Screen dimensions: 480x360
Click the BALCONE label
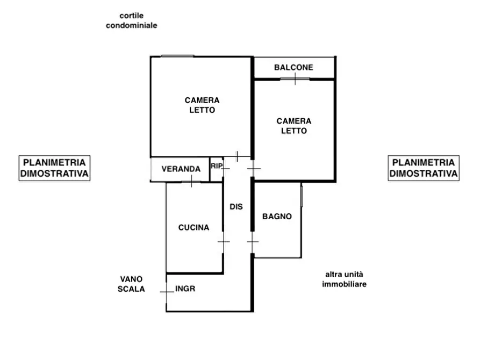coord(293,67)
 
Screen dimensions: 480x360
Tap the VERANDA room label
coord(181,169)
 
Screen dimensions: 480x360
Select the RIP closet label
coord(217,166)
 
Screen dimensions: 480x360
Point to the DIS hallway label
coord(236,207)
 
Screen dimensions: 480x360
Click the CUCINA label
coord(194,227)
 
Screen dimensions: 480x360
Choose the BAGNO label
coord(277,217)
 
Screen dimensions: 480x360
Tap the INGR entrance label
coord(185,289)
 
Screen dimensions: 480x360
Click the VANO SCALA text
coord(131,284)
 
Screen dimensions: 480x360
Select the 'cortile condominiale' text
coord(132,20)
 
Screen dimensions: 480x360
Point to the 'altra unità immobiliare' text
coord(344,279)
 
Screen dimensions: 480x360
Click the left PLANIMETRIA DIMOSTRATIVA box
coord(54,168)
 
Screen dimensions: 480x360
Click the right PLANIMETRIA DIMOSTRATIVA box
coord(424,168)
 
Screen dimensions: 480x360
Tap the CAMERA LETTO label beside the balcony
coord(294,126)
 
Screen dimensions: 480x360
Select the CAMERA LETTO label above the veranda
coord(202,105)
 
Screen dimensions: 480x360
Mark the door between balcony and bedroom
coord(295,79)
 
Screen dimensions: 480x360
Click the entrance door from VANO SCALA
coord(167,292)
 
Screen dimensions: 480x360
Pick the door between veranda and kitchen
coord(191,182)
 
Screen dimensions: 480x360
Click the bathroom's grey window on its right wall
coord(302,196)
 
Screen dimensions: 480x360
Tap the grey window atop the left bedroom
coord(177,56)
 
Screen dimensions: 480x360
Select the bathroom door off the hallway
coord(253,242)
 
